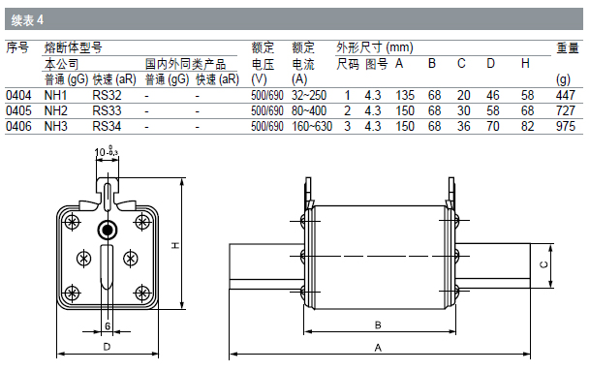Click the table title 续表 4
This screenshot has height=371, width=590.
tap(27, 20)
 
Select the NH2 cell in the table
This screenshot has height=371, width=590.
tap(55, 110)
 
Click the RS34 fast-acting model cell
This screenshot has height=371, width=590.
tap(107, 126)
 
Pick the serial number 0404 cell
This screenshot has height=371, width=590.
tap(18, 95)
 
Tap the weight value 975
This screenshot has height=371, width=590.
tap(566, 126)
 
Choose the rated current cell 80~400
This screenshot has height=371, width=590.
tap(309, 110)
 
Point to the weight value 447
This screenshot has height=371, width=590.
tap(566, 95)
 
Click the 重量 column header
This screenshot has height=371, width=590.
tap(568, 47)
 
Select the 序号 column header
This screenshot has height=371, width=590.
tap(17, 47)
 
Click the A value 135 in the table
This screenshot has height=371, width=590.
tap(405, 95)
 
